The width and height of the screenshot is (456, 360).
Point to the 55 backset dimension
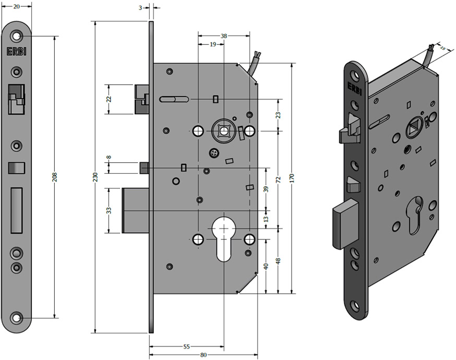[186, 346]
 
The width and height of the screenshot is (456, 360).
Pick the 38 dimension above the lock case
[224, 36]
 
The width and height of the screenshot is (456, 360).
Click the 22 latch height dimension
[109, 99]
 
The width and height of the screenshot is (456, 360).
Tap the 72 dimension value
[278, 179]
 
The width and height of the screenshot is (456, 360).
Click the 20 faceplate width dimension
[16, 7]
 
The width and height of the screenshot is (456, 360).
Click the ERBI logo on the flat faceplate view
[16, 52]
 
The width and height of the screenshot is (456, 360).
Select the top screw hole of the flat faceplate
[17, 37]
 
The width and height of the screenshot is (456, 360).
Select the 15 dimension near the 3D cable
[443, 48]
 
